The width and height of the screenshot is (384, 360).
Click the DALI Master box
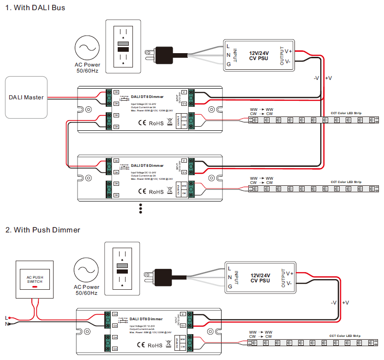tap(26, 97)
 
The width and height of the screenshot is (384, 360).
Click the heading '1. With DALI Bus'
tap(35, 8)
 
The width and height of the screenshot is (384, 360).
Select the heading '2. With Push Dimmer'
tap(42, 230)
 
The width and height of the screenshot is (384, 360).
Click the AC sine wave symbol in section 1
tap(88, 48)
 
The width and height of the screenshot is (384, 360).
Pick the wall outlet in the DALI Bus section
tap(123, 46)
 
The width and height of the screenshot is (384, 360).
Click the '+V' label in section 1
tap(329, 78)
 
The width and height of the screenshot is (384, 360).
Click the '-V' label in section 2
tap(334, 302)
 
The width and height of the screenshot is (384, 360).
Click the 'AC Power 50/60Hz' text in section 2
tap(88, 290)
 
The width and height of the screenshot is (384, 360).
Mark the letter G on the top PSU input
tap(228, 64)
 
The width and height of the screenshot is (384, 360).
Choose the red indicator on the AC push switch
tap(35, 287)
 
